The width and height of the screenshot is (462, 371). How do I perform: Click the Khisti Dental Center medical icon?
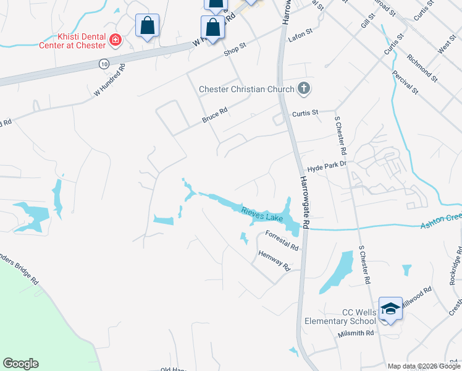click(114, 40)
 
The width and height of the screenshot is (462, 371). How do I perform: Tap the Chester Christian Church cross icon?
click(303, 89)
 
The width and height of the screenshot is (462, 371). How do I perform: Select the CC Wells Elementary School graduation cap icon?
click(390, 309)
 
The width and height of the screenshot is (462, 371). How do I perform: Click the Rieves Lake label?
click(262, 214)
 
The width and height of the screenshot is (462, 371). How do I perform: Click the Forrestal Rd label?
click(282, 240)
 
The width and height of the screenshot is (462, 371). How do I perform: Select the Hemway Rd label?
click(274, 260)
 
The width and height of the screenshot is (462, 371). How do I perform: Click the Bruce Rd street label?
click(216, 113)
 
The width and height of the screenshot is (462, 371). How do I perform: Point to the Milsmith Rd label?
click(356, 333)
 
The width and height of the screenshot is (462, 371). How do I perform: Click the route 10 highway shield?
click(103, 63)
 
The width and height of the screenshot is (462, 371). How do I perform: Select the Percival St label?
click(405, 82)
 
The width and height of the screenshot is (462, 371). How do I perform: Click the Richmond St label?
click(422, 68)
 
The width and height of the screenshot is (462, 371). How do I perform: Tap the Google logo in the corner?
click(20, 364)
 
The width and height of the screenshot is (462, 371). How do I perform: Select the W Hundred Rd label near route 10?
click(109, 80)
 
